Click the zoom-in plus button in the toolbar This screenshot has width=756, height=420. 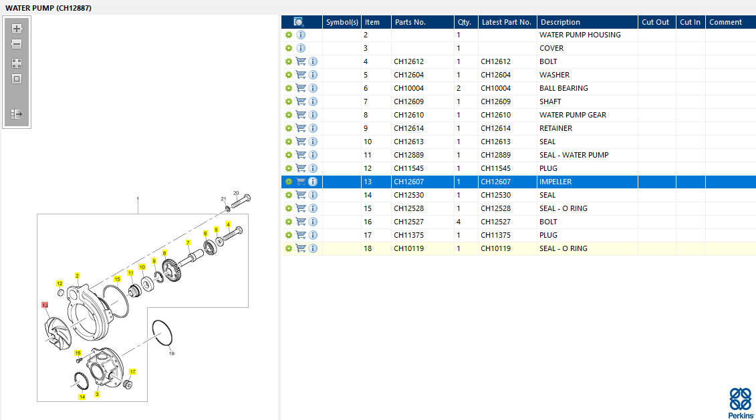17,29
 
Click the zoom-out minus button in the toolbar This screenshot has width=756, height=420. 17,44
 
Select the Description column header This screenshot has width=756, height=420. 560,22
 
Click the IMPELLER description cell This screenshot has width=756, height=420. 555,182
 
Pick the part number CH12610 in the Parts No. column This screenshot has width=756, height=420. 409,115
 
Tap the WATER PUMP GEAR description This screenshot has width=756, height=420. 573,115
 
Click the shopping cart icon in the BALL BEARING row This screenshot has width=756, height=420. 301,88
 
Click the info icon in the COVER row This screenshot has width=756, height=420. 301,48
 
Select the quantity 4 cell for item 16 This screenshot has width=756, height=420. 459,222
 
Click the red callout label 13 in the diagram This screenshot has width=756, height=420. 45,305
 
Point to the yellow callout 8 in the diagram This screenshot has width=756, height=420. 164,253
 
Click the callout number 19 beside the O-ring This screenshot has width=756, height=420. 172,353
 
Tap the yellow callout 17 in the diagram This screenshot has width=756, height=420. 132,371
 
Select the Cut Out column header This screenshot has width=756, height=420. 655,22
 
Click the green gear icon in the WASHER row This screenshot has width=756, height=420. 288,75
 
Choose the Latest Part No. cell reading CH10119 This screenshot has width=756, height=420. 495,248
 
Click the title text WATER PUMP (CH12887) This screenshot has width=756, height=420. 48,8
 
